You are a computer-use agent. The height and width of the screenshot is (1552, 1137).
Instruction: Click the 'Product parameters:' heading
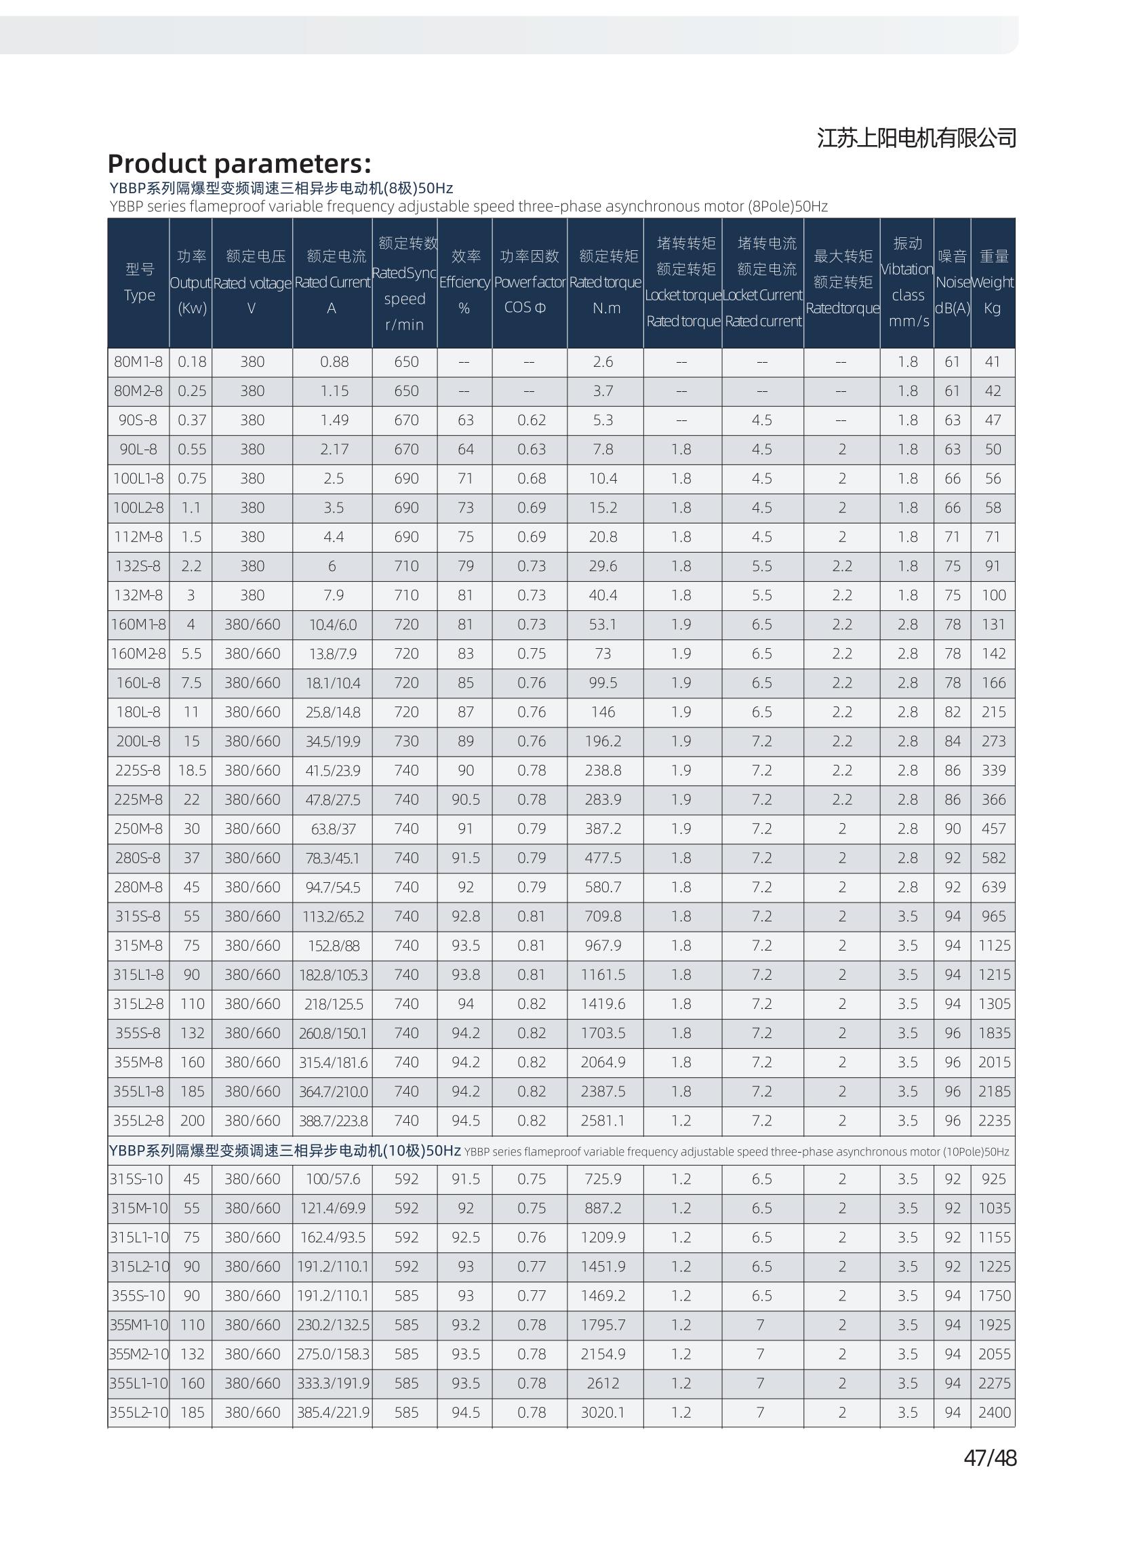point(239,164)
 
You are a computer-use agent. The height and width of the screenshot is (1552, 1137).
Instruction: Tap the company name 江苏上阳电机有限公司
point(916,138)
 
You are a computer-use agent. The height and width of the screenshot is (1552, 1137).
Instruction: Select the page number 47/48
point(990,1458)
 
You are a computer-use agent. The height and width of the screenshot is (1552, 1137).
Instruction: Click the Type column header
point(139,282)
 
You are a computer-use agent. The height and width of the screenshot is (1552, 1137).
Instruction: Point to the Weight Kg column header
point(993,282)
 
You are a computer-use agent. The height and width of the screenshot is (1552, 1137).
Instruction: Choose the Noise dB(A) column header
point(952,282)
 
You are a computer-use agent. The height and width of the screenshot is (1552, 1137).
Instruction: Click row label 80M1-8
point(138,362)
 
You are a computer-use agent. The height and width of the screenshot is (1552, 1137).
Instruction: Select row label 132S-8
point(138,566)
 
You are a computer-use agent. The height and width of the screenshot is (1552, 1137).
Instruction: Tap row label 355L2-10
point(138,1412)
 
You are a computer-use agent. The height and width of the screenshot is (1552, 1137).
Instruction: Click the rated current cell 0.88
point(333,362)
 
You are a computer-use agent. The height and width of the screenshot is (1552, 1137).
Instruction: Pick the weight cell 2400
point(994,1412)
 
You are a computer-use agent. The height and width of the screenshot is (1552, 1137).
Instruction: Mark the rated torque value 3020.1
point(603,1412)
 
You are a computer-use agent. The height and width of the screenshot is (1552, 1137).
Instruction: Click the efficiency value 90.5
point(465,800)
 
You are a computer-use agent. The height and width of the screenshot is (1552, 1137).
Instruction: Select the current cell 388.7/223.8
point(333,1121)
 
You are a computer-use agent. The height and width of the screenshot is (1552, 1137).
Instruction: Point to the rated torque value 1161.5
point(603,974)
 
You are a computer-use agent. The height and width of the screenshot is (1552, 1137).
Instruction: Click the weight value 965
point(993,917)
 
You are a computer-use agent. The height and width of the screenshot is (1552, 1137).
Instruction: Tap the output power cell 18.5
point(191,771)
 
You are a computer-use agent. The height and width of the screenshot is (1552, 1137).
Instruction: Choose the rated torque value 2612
point(603,1383)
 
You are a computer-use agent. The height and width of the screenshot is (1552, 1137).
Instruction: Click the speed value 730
point(406,741)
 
